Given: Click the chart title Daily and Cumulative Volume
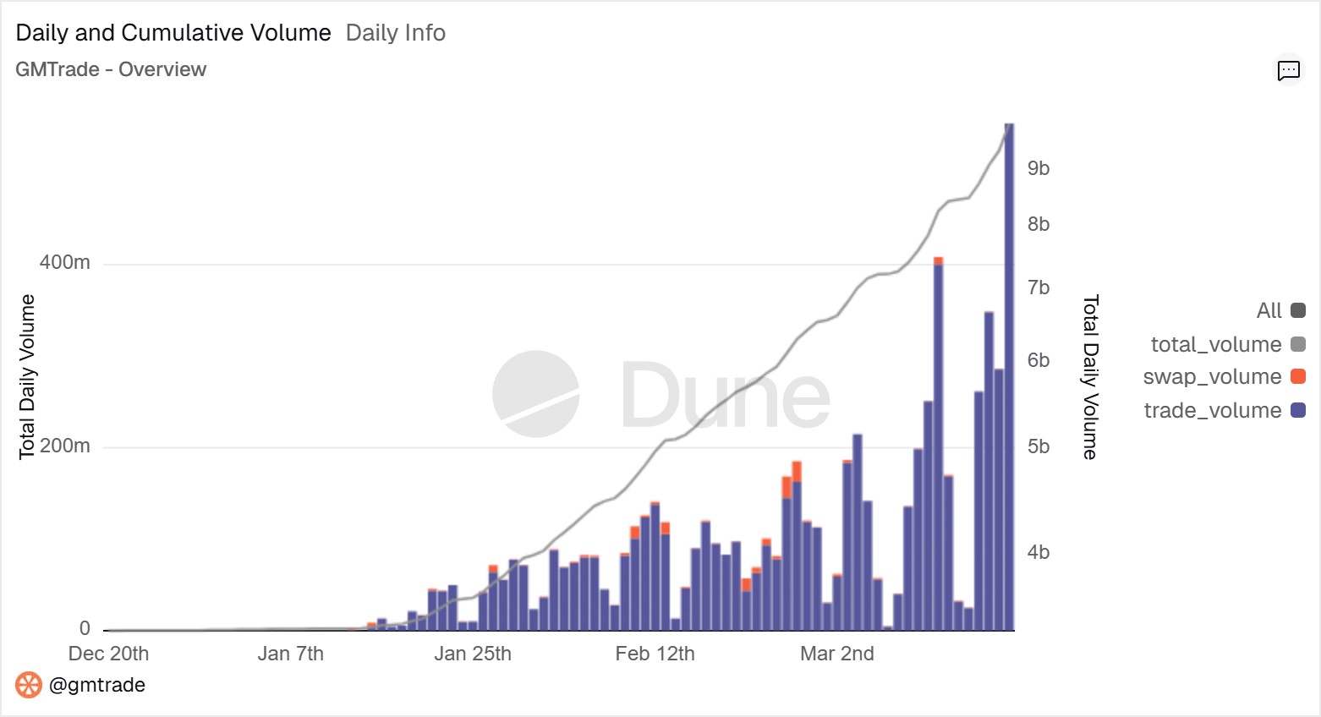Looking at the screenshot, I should (173, 33).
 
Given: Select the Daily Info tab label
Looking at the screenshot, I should (395, 33).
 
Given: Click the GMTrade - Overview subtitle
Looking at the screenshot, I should (111, 69).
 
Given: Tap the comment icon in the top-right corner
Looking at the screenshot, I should (1288, 70).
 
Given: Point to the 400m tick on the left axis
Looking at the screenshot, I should (65, 263).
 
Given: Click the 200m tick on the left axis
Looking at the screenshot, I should (65, 446).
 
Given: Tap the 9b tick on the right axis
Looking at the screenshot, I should (1039, 168).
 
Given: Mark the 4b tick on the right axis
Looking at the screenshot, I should (1039, 552).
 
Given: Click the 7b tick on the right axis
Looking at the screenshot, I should (1039, 287).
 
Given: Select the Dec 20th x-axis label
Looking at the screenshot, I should (108, 654).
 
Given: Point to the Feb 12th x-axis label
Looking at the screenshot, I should (655, 654).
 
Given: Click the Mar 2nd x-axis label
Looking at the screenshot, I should (837, 654).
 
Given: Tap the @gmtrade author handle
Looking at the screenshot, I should (97, 685).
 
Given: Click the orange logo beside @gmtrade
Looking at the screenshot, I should (29, 685).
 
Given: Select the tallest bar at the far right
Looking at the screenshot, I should (1009, 380).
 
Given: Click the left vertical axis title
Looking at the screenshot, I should (27, 376).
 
